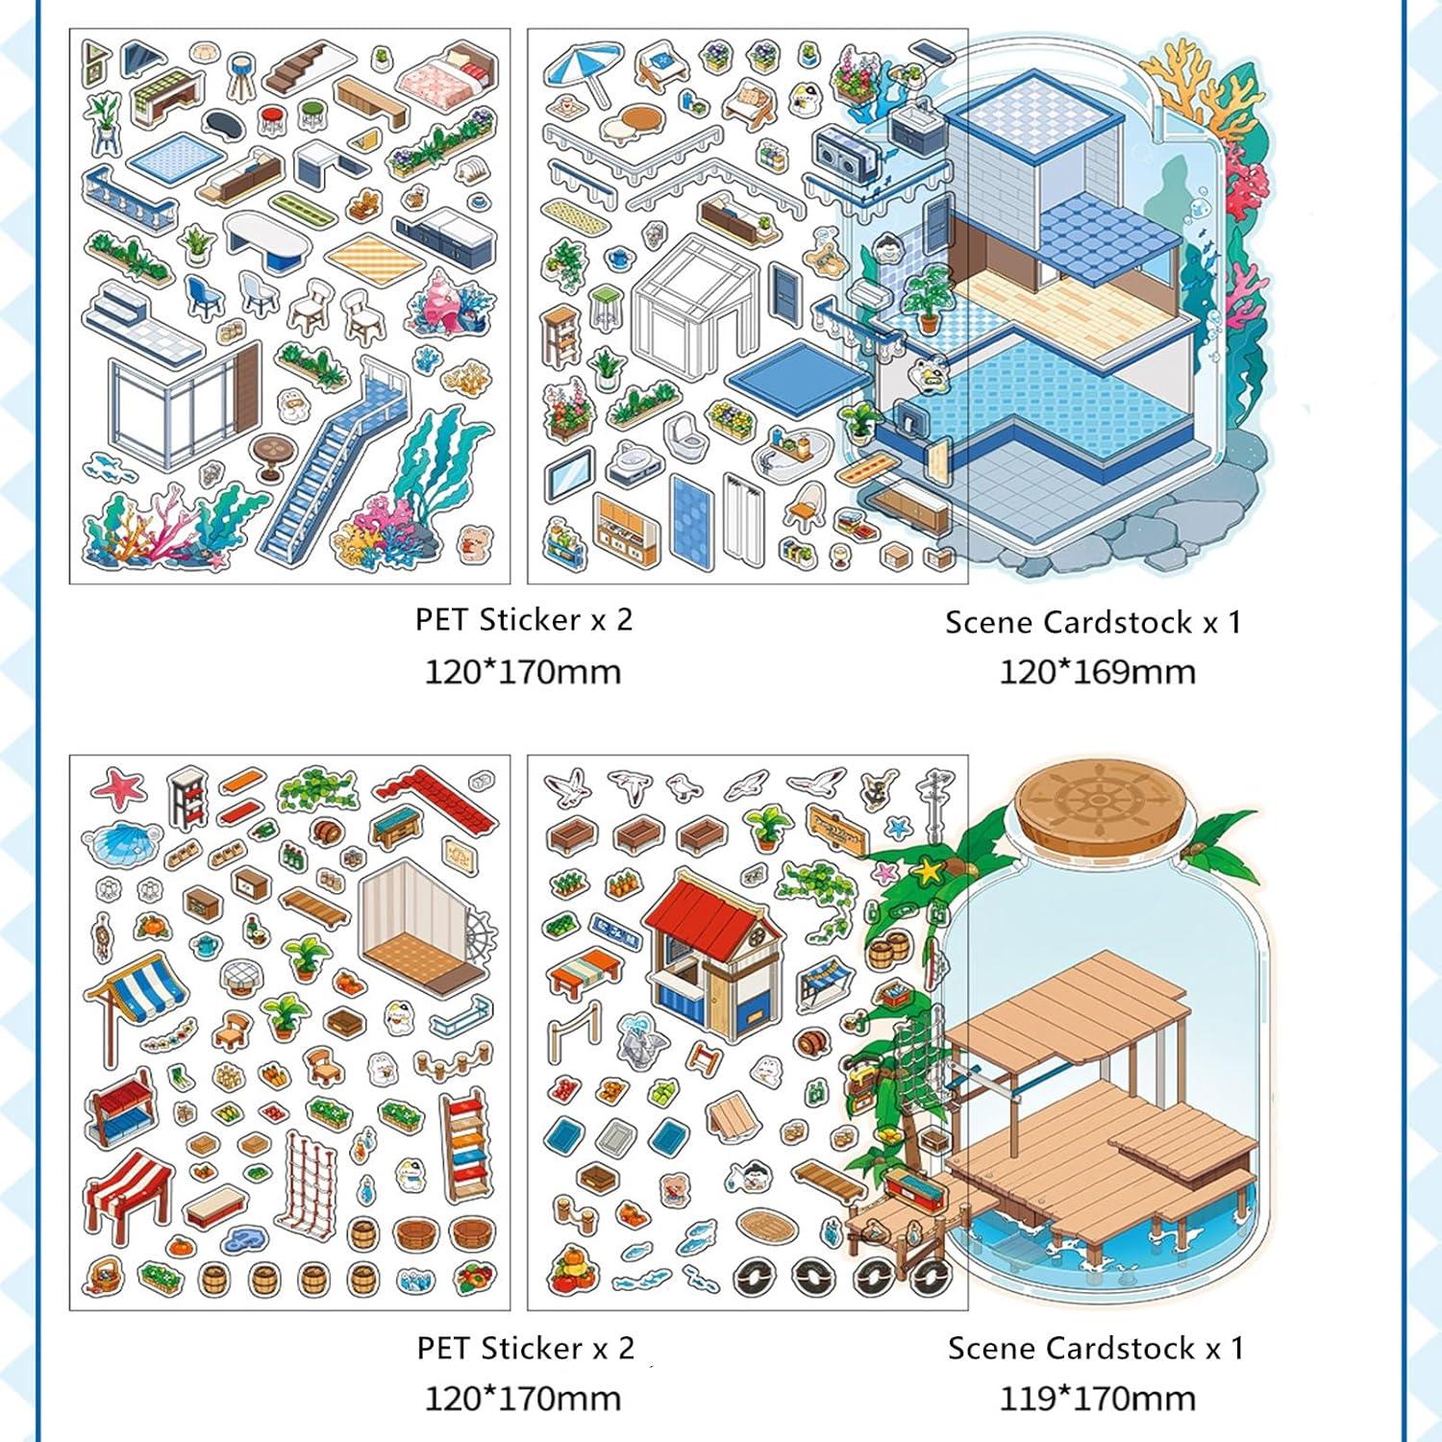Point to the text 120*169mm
(x=1097, y=671)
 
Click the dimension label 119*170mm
(x=1097, y=1399)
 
